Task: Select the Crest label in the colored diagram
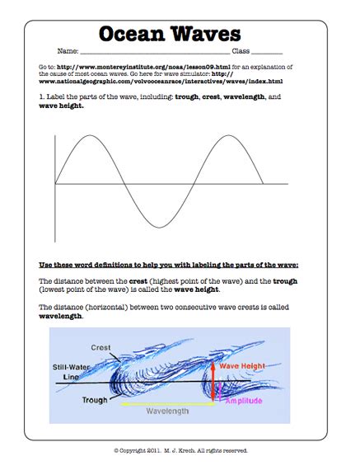pyautogui.click(x=101, y=347)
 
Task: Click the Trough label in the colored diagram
pyautogui.click(x=95, y=400)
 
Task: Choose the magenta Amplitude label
pyautogui.click(x=244, y=400)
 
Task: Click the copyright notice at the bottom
pyautogui.click(x=180, y=450)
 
